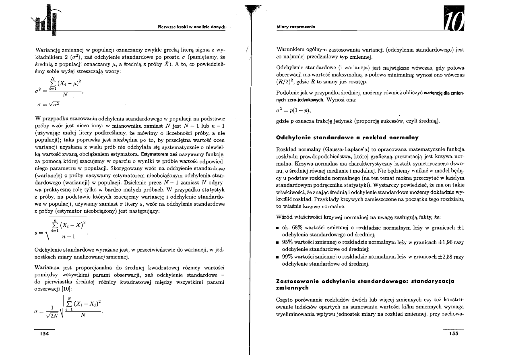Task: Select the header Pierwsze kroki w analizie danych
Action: pos(192,27)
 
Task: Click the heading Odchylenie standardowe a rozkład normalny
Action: pos(345,138)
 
